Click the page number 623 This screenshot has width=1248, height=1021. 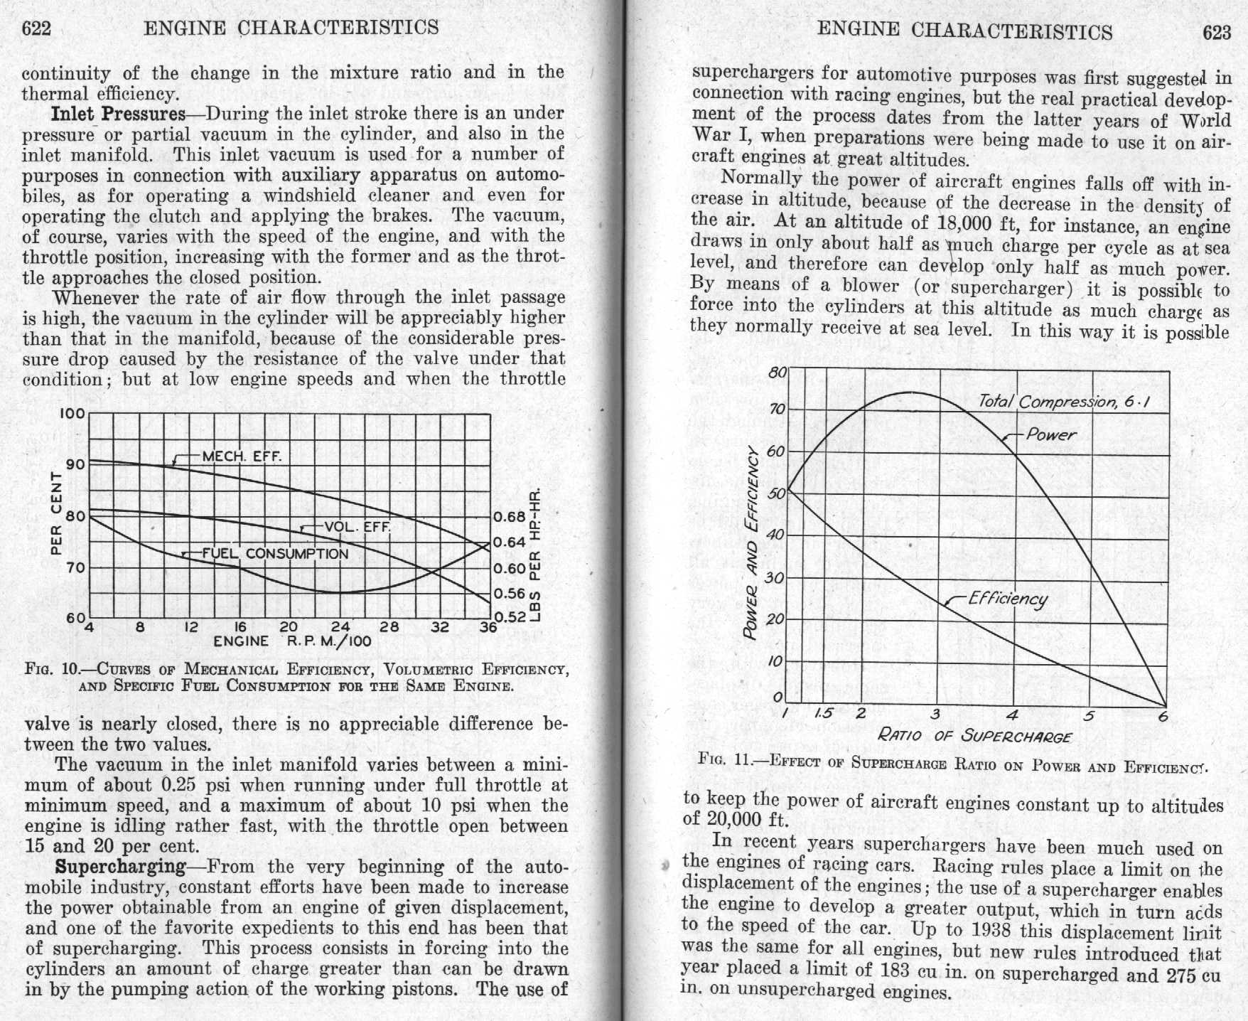[1217, 33]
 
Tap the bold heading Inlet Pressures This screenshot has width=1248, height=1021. [119, 114]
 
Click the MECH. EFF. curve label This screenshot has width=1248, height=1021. [242, 456]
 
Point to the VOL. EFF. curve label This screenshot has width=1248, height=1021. [357, 527]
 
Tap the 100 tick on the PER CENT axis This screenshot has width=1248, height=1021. [74, 414]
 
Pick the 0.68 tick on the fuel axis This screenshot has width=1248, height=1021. [510, 517]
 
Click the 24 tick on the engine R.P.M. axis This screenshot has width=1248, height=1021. [340, 627]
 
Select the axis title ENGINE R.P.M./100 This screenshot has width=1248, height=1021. [292, 641]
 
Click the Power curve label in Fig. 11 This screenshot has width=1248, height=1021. [1051, 434]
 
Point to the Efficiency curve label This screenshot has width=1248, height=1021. [1008, 599]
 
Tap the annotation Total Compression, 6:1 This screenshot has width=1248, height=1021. [1063, 402]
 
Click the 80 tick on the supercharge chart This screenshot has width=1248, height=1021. [778, 373]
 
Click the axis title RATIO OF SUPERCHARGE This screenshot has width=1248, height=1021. [974, 735]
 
